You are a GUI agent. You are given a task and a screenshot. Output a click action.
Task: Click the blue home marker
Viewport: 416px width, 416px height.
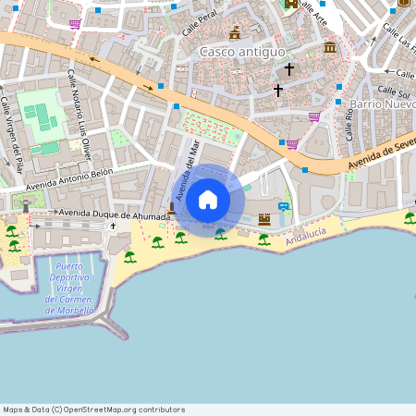(208, 199)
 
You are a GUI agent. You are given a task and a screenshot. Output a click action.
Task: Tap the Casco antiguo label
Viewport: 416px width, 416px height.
(242, 52)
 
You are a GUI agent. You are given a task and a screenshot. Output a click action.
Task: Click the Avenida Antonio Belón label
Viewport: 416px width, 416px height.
(69, 174)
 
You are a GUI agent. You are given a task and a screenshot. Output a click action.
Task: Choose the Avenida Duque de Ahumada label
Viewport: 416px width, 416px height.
(114, 214)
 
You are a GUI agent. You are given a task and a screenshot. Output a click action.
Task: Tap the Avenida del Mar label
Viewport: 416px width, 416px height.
(186, 170)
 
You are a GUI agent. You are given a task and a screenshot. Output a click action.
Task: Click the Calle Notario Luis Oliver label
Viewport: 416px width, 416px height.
(78, 119)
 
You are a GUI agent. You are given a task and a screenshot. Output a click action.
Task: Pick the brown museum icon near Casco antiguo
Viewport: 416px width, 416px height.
(330, 47)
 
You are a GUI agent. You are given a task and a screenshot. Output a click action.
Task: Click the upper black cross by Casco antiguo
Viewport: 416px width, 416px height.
(288, 69)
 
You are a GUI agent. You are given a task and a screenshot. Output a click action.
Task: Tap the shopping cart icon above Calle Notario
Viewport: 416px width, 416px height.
(75, 24)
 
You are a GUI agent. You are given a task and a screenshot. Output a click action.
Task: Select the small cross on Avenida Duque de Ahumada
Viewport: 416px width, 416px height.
(114, 226)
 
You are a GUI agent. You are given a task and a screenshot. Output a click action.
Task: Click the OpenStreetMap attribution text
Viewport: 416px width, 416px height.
(93, 410)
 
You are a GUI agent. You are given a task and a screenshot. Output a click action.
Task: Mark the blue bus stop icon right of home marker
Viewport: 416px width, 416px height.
(284, 206)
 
